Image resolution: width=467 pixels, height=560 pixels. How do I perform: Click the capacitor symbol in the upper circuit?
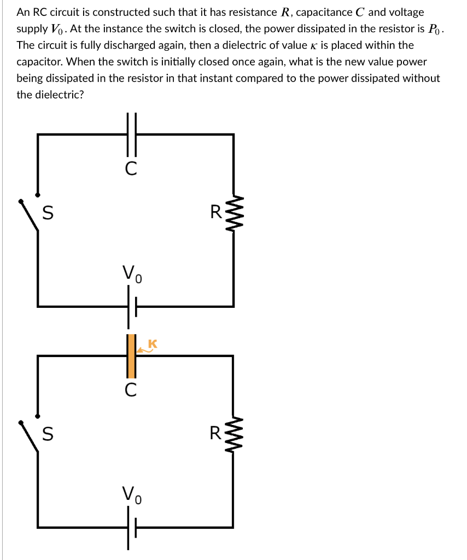point(131,133)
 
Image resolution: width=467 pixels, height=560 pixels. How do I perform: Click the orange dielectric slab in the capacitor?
point(131,355)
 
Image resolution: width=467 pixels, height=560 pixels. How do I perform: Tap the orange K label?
point(153,343)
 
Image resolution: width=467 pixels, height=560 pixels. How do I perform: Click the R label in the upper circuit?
point(217,212)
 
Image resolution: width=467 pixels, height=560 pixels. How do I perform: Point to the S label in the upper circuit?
point(48,213)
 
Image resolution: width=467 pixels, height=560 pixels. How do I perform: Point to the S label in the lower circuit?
point(48,435)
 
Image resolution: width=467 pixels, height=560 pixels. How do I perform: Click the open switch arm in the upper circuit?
point(30,215)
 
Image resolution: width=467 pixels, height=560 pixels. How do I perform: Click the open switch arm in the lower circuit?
point(30,437)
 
